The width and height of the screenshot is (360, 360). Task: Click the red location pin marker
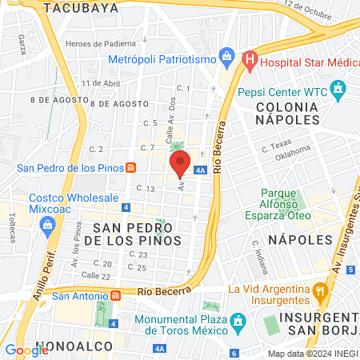180,162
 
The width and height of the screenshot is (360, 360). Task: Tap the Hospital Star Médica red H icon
250,58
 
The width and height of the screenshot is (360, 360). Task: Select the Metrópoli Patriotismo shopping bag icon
228,58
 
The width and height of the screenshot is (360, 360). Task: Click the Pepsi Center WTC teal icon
339,87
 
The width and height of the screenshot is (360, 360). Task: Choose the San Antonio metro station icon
116,295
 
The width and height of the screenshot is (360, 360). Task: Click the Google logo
26,350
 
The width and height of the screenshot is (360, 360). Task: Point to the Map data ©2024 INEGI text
312,354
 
